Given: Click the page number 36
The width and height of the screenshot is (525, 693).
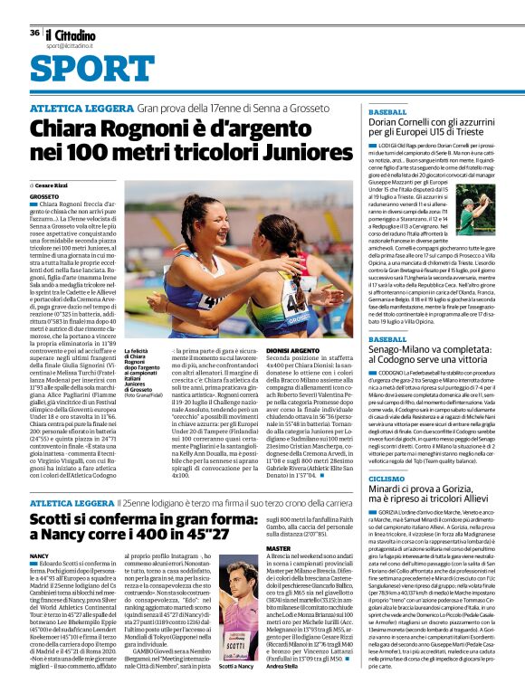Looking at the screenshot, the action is [34, 32].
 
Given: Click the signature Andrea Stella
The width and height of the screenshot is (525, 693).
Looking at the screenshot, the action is [282, 667].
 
